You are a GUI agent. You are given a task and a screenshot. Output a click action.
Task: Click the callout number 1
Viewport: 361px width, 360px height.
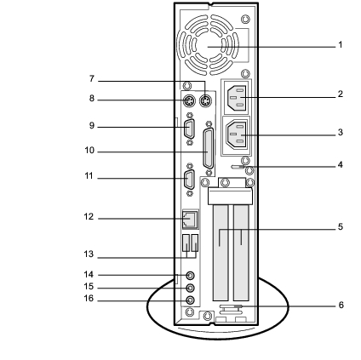341,45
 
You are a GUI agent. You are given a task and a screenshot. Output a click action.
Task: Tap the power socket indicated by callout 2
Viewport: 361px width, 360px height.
236,98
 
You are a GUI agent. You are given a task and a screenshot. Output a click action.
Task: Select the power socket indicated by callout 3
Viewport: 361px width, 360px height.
236,134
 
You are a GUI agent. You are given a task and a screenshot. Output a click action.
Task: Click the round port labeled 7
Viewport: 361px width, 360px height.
205,100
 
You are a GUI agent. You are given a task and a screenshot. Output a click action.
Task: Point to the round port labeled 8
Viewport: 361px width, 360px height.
189,100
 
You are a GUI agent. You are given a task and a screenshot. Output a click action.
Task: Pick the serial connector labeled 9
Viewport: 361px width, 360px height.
189,129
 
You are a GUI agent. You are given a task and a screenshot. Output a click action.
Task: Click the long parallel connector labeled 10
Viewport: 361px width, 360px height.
209,149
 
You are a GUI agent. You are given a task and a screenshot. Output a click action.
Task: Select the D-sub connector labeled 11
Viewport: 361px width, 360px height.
189,180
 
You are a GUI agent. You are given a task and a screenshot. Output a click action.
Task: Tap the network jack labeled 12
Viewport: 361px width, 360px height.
190,219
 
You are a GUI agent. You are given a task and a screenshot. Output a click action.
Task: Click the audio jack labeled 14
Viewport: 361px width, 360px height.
191,275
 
